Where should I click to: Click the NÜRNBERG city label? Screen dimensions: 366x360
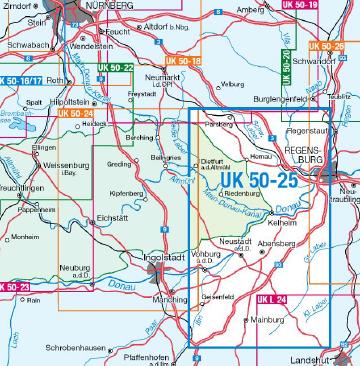click(x=115, y=5)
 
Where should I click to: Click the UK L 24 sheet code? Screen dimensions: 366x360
click(x=270, y=299)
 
